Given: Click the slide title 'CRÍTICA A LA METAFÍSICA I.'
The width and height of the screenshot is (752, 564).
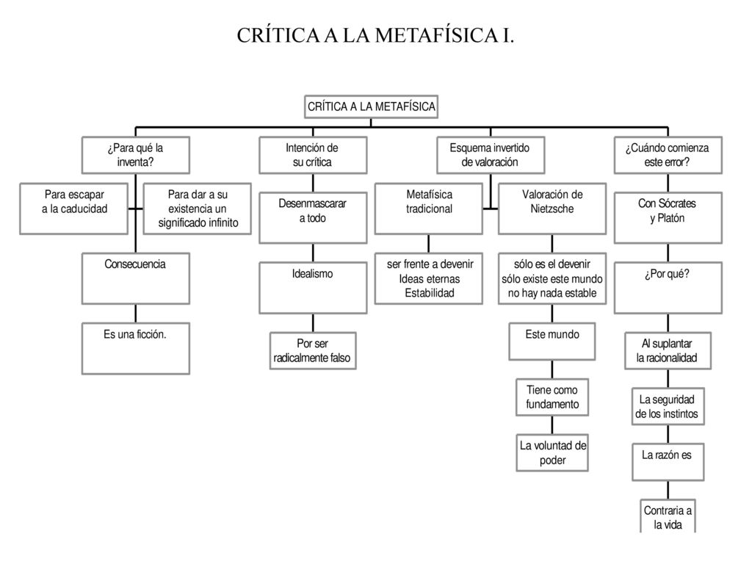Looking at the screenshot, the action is (x=375, y=35).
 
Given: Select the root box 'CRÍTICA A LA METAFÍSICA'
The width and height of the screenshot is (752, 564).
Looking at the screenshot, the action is (x=371, y=106).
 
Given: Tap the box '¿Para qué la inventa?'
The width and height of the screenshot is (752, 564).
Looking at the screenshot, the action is (x=136, y=155).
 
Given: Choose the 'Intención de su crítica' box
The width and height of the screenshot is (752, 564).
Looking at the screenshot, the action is (x=313, y=155).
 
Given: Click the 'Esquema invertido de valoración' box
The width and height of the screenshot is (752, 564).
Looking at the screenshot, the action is (x=490, y=155).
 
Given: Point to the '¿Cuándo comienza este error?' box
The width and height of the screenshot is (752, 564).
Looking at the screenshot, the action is (x=668, y=155).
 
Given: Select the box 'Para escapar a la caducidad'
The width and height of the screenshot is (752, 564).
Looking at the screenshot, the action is (x=74, y=209).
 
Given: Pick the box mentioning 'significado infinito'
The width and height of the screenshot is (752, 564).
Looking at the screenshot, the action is (x=197, y=209).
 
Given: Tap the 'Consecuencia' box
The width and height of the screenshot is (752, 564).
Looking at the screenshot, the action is (x=136, y=278).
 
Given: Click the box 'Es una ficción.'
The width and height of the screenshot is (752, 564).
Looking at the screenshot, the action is (x=136, y=348).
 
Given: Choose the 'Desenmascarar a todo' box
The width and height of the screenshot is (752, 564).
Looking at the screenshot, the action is (x=313, y=217).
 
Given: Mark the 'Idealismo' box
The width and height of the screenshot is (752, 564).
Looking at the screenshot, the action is (x=313, y=288).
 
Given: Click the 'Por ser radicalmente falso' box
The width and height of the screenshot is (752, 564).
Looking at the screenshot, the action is (x=313, y=350).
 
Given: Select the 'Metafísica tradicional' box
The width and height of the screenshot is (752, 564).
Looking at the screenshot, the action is (x=429, y=209).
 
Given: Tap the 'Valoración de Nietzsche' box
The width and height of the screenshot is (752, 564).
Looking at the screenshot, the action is (x=552, y=209).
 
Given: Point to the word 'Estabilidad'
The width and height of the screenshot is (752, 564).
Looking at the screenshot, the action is (x=429, y=293).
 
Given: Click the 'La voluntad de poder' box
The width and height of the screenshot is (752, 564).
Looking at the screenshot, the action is (x=552, y=452).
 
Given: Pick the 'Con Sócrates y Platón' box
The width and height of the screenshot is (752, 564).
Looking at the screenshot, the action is (x=668, y=217).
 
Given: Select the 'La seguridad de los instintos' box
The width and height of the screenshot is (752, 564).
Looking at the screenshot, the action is (x=668, y=406).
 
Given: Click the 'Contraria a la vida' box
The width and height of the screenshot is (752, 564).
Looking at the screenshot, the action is (x=668, y=516).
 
